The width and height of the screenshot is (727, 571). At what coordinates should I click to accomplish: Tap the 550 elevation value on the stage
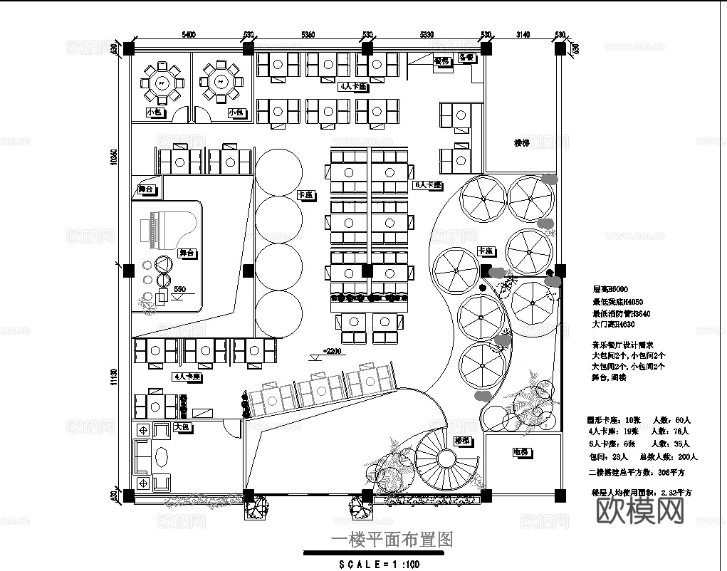click(179, 289)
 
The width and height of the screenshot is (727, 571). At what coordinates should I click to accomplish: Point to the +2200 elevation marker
click(332, 351)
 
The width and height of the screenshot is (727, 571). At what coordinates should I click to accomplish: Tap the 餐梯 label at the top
click(442, 61)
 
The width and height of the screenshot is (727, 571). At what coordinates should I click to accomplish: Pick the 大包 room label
click(181, 427)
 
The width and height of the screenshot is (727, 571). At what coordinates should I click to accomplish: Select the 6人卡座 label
click(428, 184)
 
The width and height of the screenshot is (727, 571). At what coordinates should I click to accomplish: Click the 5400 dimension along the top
click(189, 34)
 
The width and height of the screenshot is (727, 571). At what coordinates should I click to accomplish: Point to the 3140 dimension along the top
click(523, 34)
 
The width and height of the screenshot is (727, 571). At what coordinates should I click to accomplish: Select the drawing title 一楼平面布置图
click(392, 540)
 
